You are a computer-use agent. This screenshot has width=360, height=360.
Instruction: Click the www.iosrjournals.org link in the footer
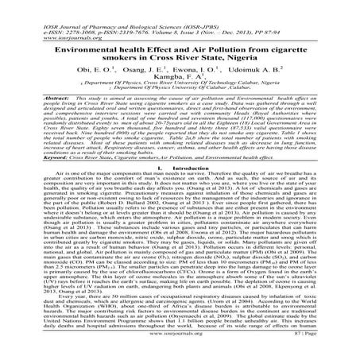pos(180,347)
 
